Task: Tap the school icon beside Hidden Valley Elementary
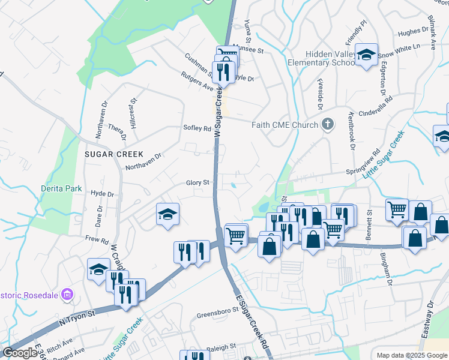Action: [x=366, y=56]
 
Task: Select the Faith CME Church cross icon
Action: [x=327, y=125]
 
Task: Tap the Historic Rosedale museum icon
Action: [x=67, y=294]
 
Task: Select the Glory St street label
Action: [x=197, y=182]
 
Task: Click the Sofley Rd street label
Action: [x=197, y=128]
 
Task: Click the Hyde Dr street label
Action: [x=102, y=194]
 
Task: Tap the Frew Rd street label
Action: [x=96, y=238]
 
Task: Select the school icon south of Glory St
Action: [x=167, y=215]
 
